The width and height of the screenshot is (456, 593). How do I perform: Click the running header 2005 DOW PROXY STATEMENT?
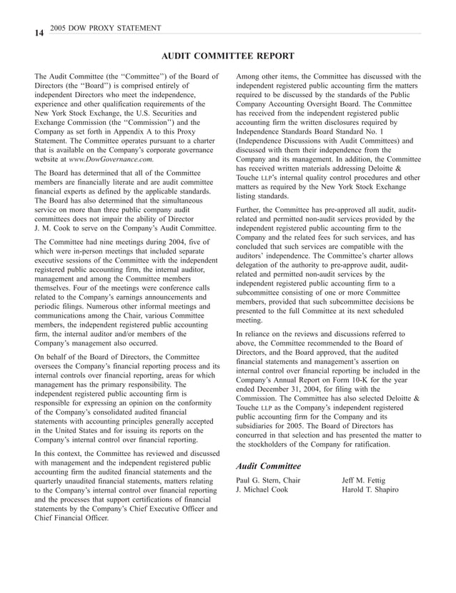(x=101, y=28)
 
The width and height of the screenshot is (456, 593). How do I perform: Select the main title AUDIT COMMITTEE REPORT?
(x=227, y=56)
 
